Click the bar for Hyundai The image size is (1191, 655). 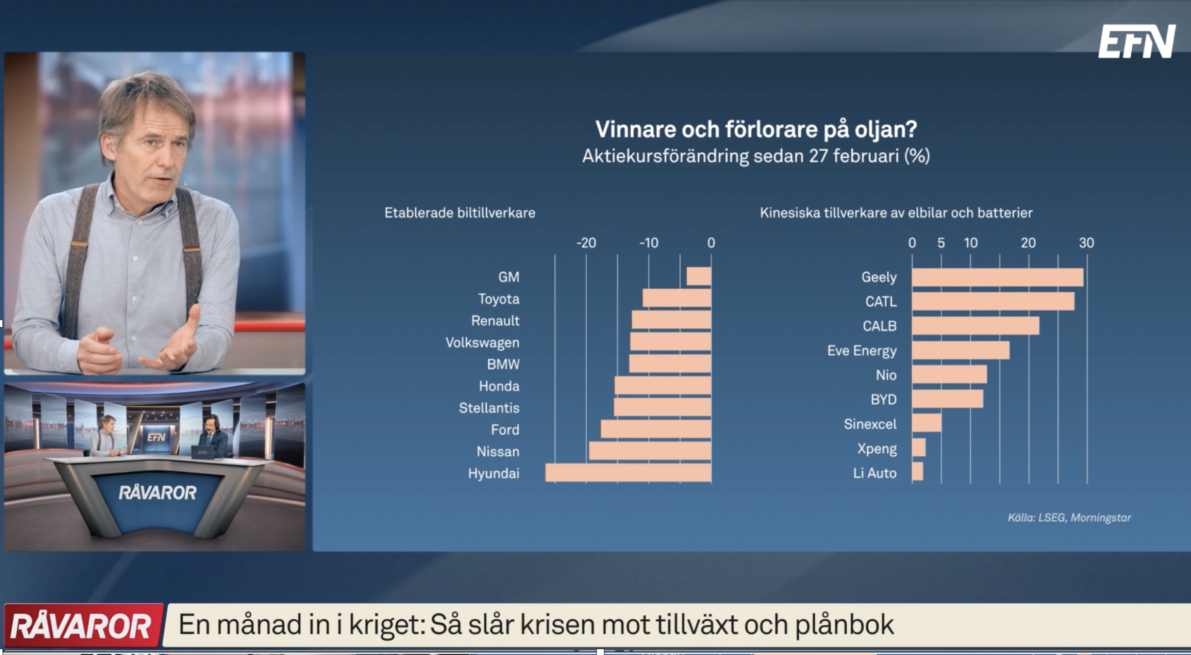coord(628,473)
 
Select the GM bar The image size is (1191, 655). coord(699,277)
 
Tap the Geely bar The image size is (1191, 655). coord(998,277)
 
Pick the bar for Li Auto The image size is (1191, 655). coord(918,471)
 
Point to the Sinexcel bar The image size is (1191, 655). coord(927,423)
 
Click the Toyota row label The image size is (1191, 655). coord(499,299)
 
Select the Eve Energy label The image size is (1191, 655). coord(862,351)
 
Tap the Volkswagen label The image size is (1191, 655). coord(482,343)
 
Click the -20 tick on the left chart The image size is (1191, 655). coord(586,243)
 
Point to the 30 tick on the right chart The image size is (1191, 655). coord(1086,243)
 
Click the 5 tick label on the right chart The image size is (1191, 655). coord(941,243)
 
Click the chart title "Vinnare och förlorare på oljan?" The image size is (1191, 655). coord(756,129)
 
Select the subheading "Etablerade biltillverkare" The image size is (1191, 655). coord(460,213)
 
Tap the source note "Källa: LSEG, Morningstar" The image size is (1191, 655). coord(1070,517)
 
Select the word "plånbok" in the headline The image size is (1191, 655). coord(845,625)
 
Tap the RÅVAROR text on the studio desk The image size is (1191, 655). coord(157,492)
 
